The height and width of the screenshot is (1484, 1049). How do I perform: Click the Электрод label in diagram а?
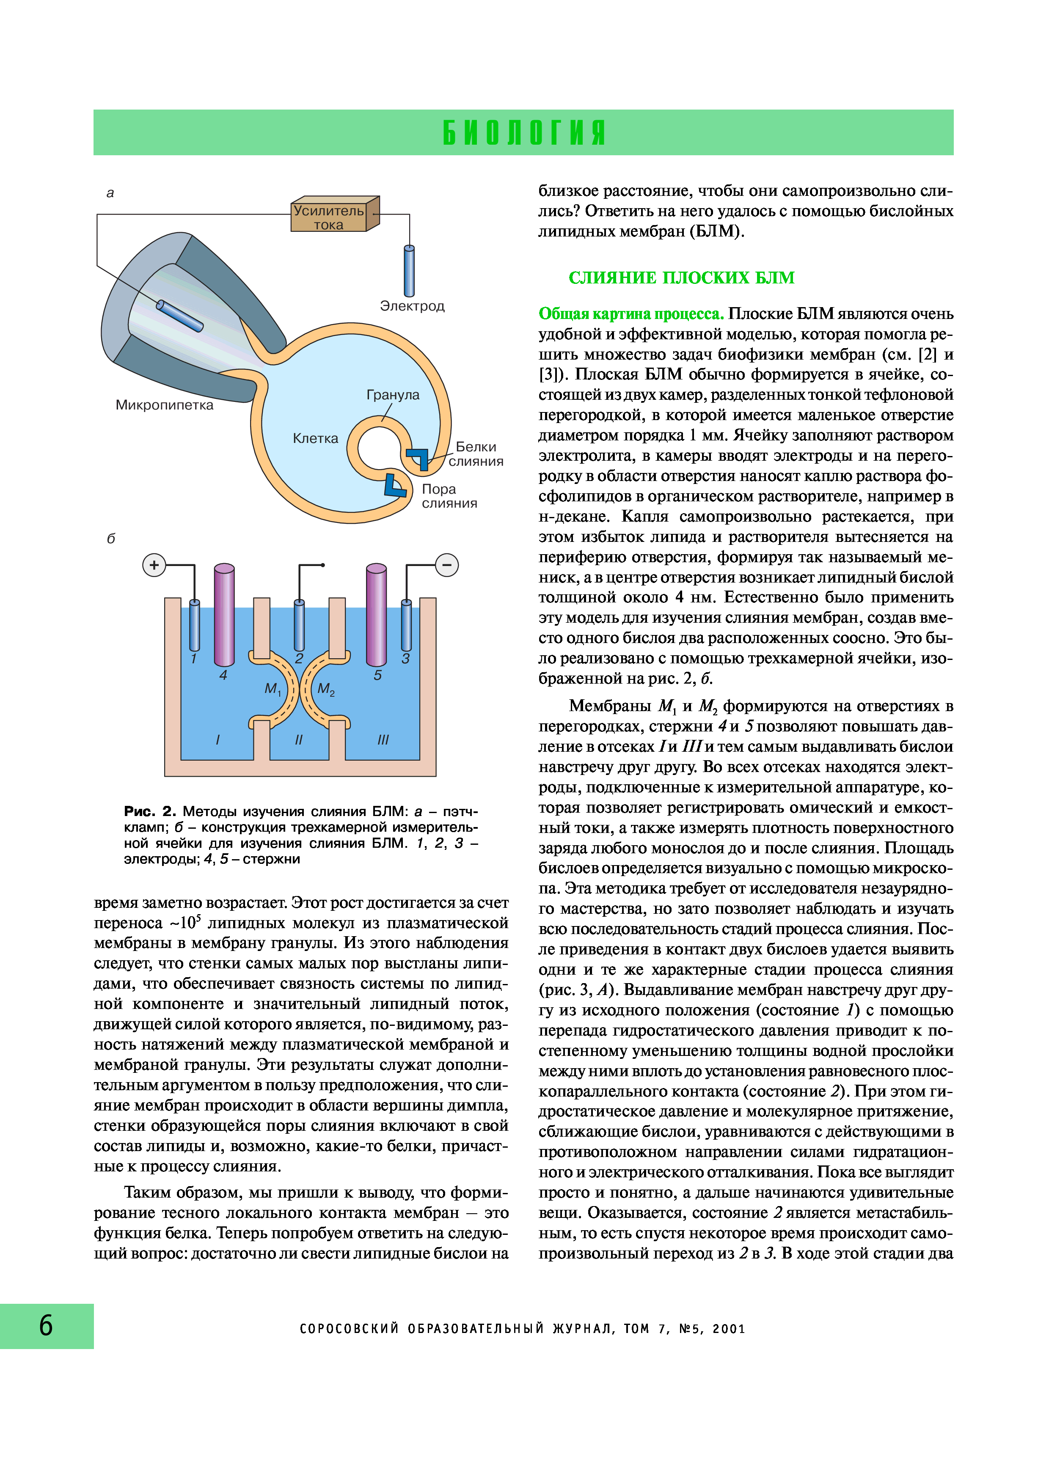pos(412,306)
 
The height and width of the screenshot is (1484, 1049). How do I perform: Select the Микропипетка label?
pos(164,405)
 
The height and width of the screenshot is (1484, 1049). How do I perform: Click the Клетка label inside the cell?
pos(315,438)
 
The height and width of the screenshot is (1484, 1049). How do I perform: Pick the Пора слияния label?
pos(449,496)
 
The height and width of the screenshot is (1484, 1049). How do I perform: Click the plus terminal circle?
pos(154,565)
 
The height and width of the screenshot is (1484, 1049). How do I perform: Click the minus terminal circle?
pos(446,565)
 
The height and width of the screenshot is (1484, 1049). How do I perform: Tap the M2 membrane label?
pos(326,689)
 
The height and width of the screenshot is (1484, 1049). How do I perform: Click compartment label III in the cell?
pos(383,739)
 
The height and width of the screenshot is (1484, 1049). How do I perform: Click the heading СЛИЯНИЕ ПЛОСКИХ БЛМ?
pos(681,278)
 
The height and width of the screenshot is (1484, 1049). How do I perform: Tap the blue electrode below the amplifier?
pos(409,272)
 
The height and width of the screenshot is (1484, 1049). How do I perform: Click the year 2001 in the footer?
pos(729,1329)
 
